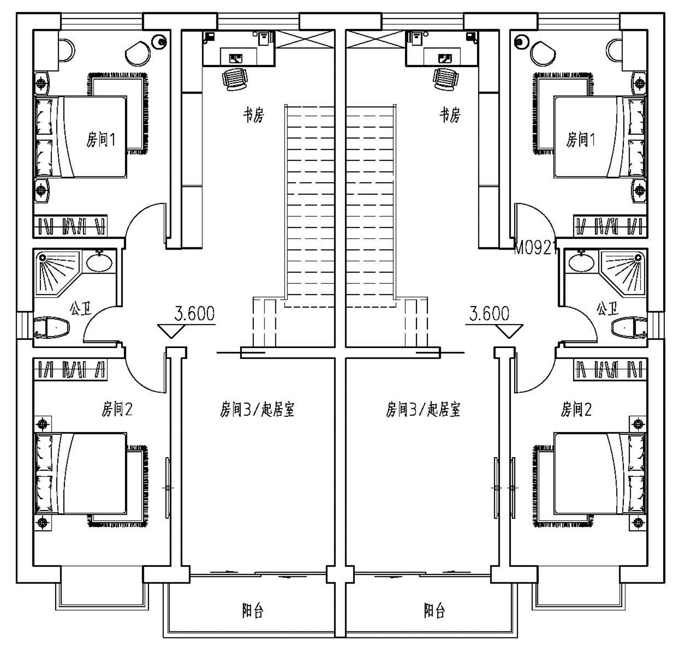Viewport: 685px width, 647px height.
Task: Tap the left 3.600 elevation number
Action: click(194, 313)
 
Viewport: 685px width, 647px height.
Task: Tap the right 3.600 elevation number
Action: click(489, 313)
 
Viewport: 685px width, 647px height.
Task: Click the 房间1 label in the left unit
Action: click(100, 140)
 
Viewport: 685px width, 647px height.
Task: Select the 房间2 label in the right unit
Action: click(576, 409)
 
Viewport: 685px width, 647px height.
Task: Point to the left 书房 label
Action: click(253, 115)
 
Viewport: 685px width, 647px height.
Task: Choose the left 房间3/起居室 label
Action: click(257, 409)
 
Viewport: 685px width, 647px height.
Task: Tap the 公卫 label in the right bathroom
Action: click(608, 308)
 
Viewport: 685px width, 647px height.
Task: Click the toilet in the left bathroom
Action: click(52, 327)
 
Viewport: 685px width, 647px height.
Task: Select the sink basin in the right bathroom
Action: click(581, 262)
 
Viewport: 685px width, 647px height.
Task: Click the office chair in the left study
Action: click(235, 79)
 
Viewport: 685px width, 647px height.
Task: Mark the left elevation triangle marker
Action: click(171, 331)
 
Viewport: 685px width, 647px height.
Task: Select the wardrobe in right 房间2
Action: click(610, 370)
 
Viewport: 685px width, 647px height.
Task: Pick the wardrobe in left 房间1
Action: click(70, 226)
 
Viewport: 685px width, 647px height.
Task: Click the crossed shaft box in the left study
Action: click(305, 39)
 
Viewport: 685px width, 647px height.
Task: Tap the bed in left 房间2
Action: click(81, 474)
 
